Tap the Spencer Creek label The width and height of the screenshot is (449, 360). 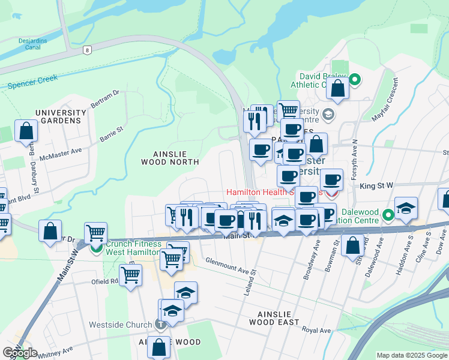point(34,82)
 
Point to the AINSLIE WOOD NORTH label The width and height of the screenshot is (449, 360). point(170,157)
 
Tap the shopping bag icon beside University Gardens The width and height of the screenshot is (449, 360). point(26,130)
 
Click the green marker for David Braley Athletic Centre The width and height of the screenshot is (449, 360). point(354,79)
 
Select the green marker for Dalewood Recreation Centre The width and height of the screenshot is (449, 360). point(388,214)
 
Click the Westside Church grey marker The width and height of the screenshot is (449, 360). point(160,325)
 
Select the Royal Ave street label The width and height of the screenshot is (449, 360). point(316,331)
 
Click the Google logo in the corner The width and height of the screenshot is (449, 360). point(20,353)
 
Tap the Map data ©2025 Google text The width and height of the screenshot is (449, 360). point(412,355)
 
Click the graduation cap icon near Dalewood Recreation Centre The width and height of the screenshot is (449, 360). point(406,208)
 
